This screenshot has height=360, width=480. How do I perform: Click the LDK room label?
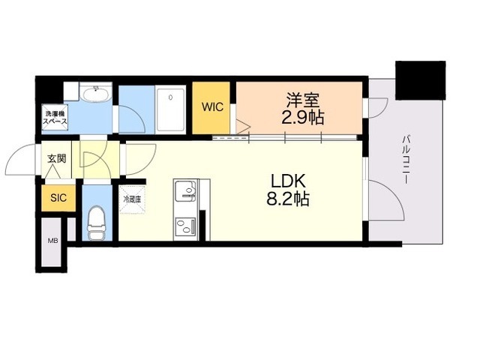coord(285,182)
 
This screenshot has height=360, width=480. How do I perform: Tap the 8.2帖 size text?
coord(285,199)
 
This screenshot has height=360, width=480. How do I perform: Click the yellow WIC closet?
coord(211,107)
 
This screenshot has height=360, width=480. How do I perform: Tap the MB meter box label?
coord(52,241)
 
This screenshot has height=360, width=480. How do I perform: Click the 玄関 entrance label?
coord(57,158)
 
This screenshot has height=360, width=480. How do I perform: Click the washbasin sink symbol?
coord(96,94)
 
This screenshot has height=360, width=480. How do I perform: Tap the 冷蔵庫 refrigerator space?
coord(132,200)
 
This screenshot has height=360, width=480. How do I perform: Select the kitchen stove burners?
coord(184,225)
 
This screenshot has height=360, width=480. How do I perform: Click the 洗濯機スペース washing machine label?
coord(53,117)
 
